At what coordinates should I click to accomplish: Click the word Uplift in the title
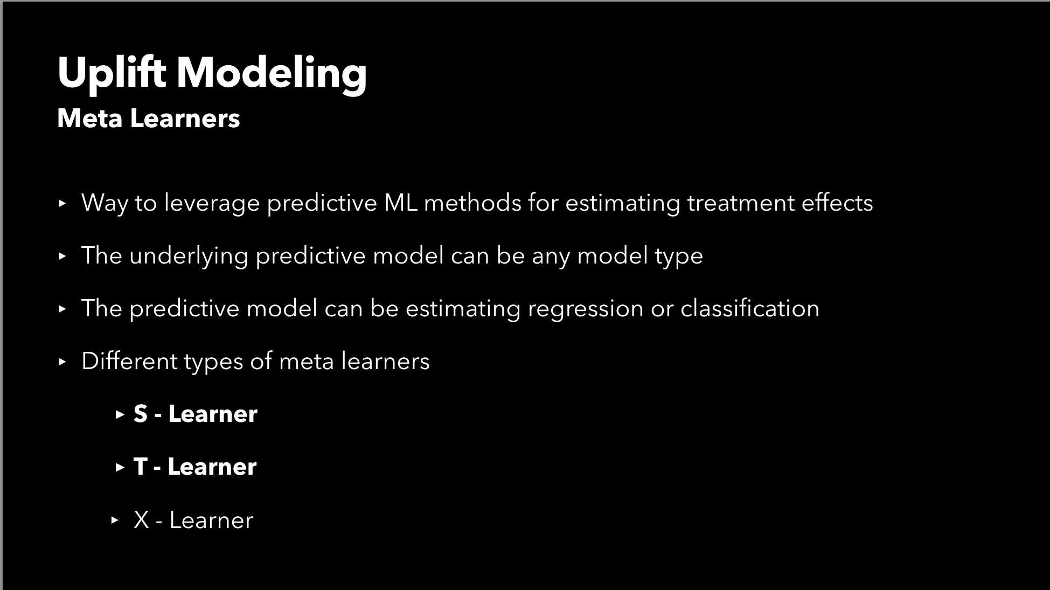tap(112, 73)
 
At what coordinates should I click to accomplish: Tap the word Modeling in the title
tap(272, 73)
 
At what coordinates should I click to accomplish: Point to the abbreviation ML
tap(401, 203)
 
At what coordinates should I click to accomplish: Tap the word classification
tap(749, 309)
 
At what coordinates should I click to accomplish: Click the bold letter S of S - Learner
tap(141, 414)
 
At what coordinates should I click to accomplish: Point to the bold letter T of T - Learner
tap(140, 467)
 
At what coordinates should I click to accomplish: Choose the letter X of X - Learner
tap(141, 520)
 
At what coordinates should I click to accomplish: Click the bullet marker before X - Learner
tap(114, 520)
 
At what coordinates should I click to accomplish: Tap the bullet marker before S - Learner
tap(120, 414)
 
